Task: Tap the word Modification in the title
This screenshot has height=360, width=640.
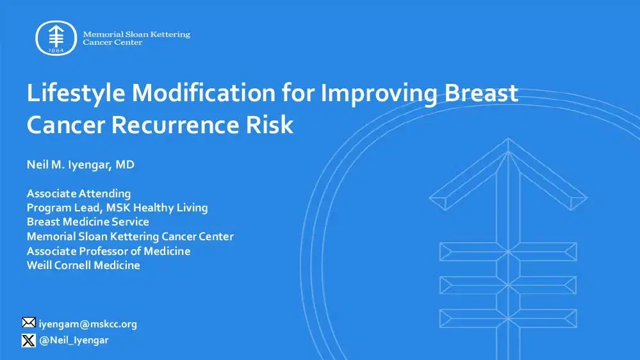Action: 202,94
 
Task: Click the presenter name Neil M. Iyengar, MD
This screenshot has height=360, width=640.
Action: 81,165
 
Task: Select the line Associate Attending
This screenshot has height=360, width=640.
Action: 79,193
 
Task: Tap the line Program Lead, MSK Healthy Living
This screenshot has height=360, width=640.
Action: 117,208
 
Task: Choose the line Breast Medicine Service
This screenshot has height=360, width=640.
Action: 88,222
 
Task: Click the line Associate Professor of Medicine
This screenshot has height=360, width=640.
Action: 108,250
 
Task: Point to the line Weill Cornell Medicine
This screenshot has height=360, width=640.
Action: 83,265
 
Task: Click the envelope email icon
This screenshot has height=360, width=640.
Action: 29,323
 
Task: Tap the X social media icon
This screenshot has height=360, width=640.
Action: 29,340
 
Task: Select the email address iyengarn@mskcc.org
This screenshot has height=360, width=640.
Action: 88,324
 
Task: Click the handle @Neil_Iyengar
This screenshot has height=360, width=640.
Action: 74,340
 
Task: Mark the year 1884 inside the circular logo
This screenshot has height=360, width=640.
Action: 56,50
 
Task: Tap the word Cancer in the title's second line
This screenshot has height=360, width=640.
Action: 65,125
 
